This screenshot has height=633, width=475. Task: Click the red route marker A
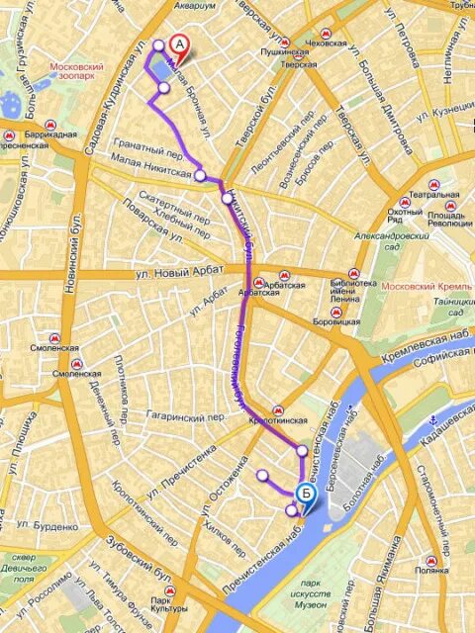coord(178,45)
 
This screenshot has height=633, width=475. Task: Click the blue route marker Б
coord(307,492)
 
